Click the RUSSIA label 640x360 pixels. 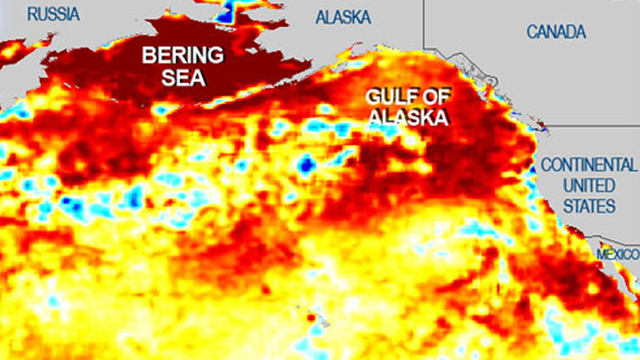53,14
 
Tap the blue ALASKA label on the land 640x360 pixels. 343,18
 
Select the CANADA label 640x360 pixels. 556,32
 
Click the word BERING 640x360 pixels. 182,55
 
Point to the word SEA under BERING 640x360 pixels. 183,78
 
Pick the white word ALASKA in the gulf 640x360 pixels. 407,117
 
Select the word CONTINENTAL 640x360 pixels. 589,165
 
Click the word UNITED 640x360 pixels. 589,186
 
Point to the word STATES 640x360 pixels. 589,206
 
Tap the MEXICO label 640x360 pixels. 618,254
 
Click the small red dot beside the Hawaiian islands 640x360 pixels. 311,318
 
